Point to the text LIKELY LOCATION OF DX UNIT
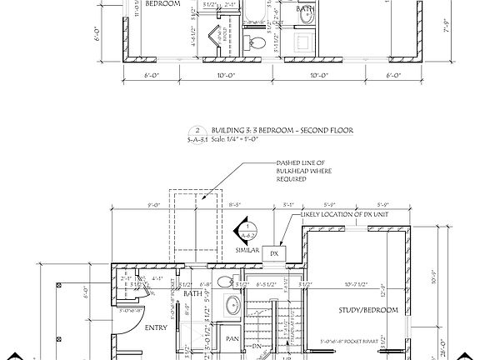coord(349,215)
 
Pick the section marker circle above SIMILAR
coord(247,229)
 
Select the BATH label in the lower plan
coord(193,294)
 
